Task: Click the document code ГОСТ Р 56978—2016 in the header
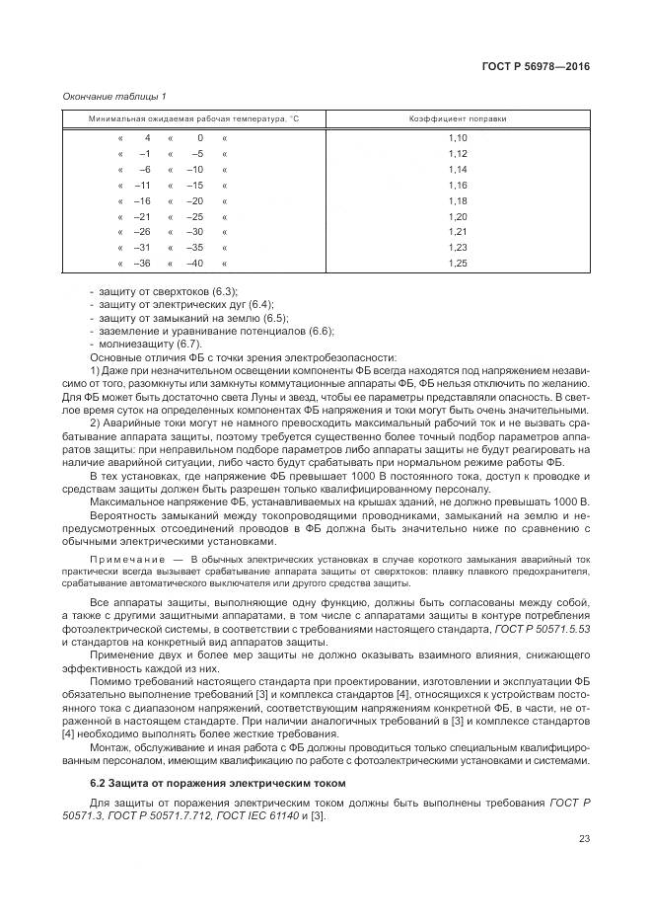(x=536, y=67)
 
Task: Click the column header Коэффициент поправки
(x=458, y=118)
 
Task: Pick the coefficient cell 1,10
(x=457, y=138)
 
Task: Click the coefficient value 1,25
(x=457, y=264)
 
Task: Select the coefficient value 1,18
(x=457, y=200)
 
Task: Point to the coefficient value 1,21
(x=457, y=232)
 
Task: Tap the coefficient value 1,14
(x=457, y=170)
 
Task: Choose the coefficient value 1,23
(x=457, y=248)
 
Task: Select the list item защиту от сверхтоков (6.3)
(x=168, y=292)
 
